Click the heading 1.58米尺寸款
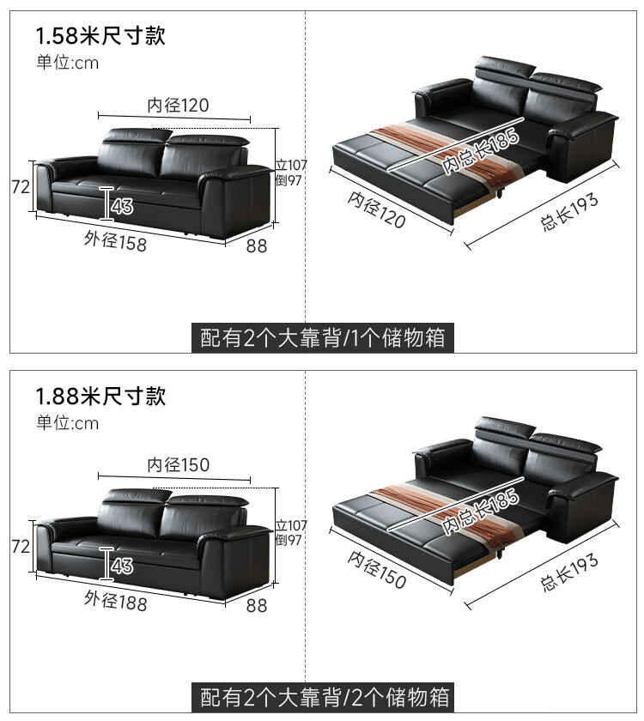point(100,35)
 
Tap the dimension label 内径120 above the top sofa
point(178,105)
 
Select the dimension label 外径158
point(115,241)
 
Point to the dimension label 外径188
point(115,601)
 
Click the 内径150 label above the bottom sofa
point(178,465)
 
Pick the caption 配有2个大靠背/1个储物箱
point(322,337)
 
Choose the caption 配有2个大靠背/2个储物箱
point(322,696)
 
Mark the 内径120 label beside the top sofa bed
point(376,209)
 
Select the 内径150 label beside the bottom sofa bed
point(376,569)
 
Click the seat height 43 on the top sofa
point(121,206)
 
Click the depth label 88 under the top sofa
point(257,245)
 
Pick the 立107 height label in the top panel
point(291,165)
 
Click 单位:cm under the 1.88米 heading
point(67,423)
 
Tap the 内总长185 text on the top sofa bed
point(470,154)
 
